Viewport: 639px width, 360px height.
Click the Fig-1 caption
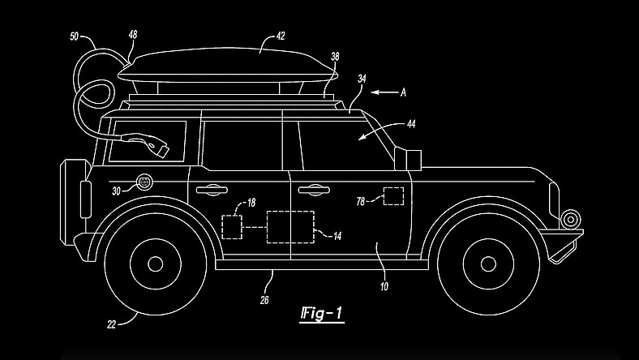(320, 312)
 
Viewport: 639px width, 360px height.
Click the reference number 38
(335, 58)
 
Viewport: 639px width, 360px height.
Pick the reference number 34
(362, 79)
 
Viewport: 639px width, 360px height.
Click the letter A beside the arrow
(402, 93)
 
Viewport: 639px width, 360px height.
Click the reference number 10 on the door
(384, 286)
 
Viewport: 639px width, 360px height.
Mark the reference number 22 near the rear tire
(111, 324)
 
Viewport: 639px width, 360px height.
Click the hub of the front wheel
(487, 264)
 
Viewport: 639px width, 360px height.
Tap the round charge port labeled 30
(145, 182)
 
